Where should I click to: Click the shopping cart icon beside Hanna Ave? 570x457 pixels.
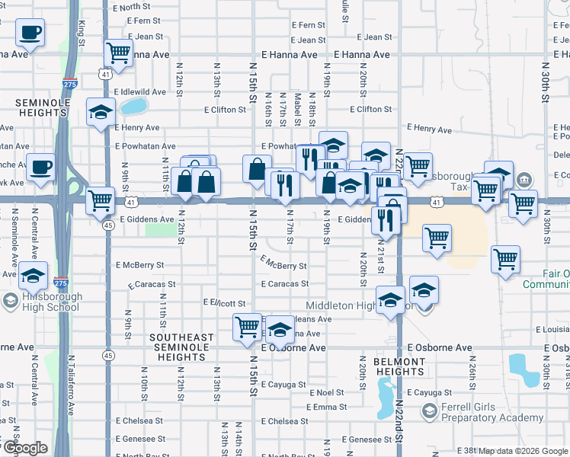(118, 53)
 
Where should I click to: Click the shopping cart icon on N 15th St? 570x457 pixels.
(247, 327)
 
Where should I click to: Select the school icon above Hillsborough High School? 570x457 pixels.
(34, 275)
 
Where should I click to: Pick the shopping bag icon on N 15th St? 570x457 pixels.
(258, 168)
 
